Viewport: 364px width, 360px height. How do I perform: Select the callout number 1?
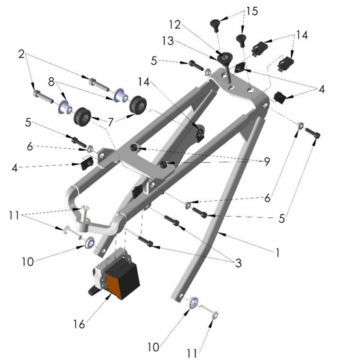tap(278, 252)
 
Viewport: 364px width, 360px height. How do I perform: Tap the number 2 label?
tap(21, 53)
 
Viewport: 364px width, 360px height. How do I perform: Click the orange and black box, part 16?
tap(117, 277)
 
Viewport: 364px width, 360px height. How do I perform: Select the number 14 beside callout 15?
tap(301, 34)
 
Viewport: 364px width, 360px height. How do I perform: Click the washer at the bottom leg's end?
tap(193, 302)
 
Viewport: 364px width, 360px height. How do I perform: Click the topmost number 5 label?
tap(154, 61)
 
